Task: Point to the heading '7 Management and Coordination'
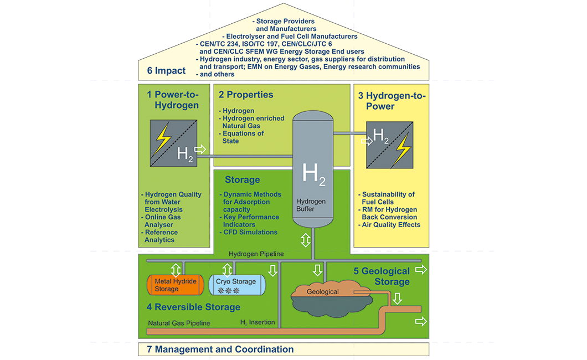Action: pos(220,349)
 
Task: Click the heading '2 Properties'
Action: pos(246,95)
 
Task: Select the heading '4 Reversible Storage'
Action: pos(193,307)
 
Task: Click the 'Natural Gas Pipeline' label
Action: pos(179,323)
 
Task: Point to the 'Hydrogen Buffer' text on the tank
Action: pos(311,205)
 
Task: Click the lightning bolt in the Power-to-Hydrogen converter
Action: pos(163,138)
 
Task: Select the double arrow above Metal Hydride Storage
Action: pos(176,270)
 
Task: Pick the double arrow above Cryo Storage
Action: pos(226,270)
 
